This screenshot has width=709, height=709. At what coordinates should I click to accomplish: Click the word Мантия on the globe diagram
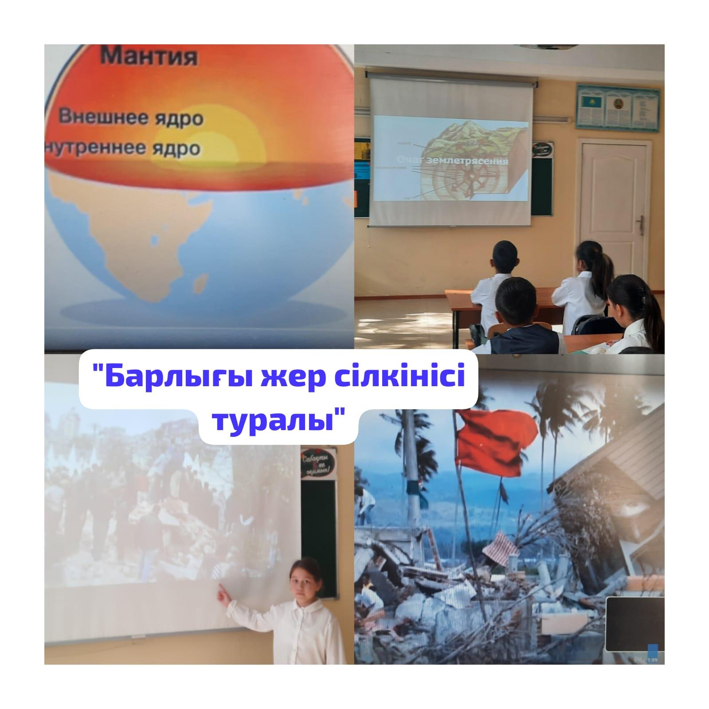149,57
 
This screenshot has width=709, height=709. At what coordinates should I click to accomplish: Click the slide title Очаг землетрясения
452,161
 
